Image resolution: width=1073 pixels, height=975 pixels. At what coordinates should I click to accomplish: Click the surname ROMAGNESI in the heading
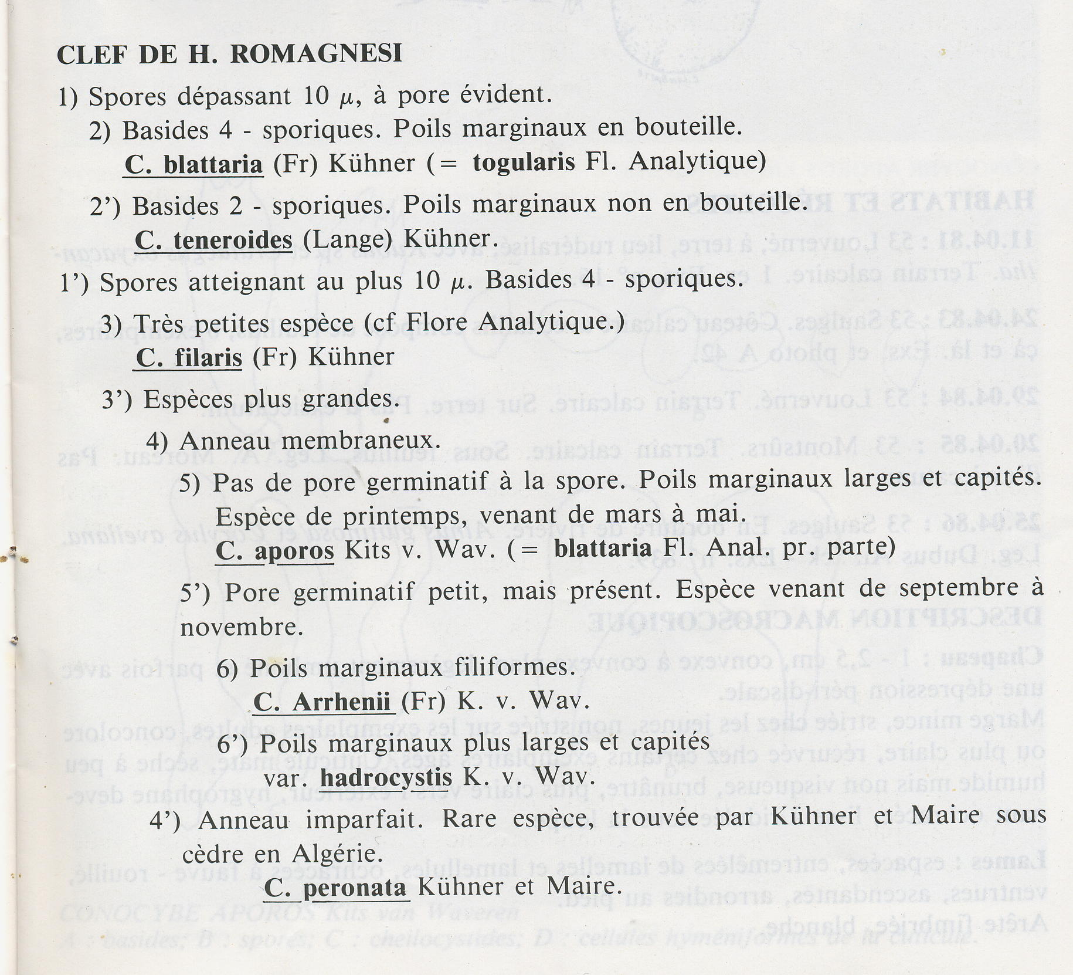click(x=316, y=54)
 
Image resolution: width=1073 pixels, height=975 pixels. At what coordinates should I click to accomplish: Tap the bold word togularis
click(x=524, y=162)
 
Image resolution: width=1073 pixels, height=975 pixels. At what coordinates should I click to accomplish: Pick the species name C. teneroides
click(x=213, y=240)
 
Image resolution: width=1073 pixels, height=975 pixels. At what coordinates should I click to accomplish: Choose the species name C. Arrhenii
click(x=323, y=702)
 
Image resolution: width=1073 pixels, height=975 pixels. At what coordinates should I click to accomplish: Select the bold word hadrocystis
click(x=386, y=778)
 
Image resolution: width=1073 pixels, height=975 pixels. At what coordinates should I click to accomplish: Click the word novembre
click(x=242, y=628)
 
